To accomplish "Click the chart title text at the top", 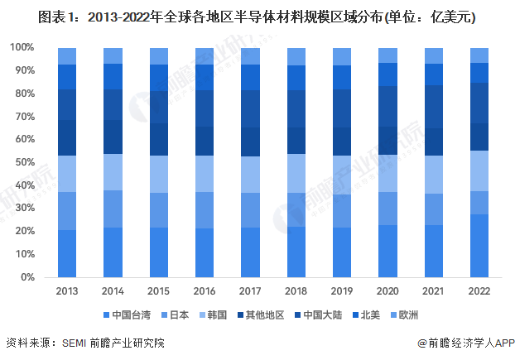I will [x=257, y=16].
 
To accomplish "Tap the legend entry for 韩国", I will [x=221, y=315].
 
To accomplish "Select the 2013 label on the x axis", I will [x=67, y=291].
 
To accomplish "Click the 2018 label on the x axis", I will [x=296, y=291].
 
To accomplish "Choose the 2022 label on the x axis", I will [x=478, y=291].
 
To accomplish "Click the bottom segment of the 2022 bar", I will [x=478, y=246].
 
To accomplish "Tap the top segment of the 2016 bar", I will [x=205, y=55].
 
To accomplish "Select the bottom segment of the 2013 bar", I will [x=67, y=253].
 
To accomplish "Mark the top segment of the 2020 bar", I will [x=387, y=55].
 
